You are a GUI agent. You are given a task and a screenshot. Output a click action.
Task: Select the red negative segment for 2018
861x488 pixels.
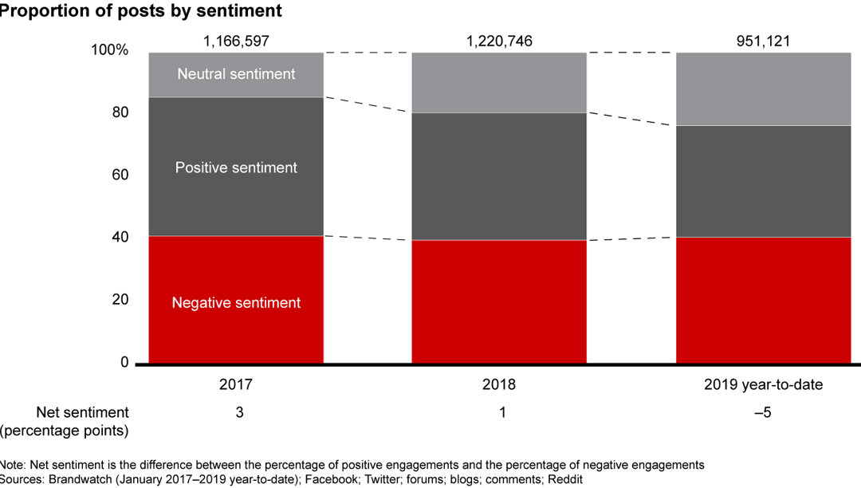click(499, 301)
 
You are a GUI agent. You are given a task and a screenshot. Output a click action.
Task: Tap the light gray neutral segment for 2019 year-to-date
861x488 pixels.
click(763, 89)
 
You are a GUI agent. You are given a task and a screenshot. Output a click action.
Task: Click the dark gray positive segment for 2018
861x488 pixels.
click(499, 176)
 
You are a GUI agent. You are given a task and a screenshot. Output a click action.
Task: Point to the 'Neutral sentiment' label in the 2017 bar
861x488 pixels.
click(236, 74)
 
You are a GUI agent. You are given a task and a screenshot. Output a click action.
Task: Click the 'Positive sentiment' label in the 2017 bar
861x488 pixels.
click(236, 168)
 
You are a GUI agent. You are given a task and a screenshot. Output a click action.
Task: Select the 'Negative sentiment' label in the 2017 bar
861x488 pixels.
click(236, 303)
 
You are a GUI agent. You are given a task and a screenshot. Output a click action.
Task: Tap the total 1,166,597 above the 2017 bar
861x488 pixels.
click(236, 40)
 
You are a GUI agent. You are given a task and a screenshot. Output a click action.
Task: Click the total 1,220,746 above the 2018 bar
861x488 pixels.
click(499, 40)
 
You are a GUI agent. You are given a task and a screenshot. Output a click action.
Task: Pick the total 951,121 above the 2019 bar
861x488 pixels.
click(763, 40)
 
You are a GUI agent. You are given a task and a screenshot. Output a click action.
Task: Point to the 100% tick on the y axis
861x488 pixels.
click(110, 50)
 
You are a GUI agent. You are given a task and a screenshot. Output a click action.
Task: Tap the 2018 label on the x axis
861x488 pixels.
click(499, 385)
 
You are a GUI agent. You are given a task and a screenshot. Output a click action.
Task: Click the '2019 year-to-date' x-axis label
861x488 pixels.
click(763, 385)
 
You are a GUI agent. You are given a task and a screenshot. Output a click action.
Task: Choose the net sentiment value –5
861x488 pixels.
click(763, 413)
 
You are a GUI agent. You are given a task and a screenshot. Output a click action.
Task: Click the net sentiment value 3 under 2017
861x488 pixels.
click(236, 413)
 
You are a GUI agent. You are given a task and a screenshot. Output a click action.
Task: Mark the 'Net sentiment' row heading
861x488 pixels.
click(82, 412)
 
